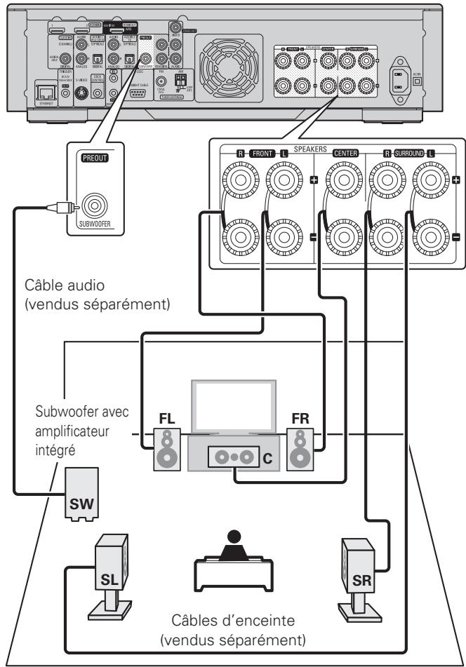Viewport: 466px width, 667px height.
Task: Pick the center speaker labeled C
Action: click(232, 457)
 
